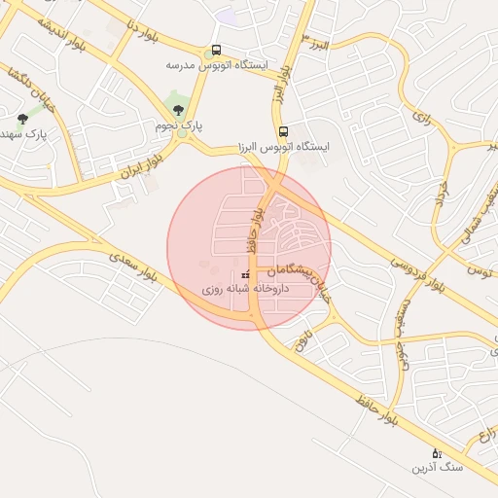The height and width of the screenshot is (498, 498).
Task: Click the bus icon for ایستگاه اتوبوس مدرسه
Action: click(x=216, y=51)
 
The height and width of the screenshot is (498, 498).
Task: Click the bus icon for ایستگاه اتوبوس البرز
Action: click(x=283, y=131)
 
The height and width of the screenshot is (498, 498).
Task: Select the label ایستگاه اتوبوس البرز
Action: click(x=284, y=147)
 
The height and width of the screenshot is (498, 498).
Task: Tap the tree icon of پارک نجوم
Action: click(x=176, y=109)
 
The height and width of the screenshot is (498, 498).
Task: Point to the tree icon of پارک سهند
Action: click(x=22, y=119)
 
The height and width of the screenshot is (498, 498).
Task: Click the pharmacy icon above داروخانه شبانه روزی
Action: click(x=243, y=275)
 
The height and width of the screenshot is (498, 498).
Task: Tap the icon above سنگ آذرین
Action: click(x=436, y=453)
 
